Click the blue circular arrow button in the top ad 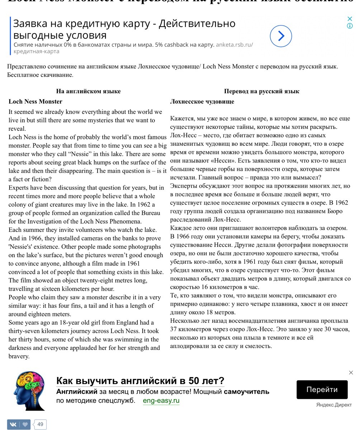click(x=281, y=36)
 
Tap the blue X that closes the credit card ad click(x=350, y=19)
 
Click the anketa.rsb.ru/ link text click(x=234, y=45)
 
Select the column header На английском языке click(x=88, y=91)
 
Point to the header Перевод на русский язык click(x=261, y=91)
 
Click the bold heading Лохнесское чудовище click(x=202, y=102)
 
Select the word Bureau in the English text click(x=150, y=213)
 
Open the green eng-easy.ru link click(x=161, y=401)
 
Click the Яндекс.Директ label click(x=333, y=405)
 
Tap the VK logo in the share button click(x=13, y=425)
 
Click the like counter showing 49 click(x=40, y=425)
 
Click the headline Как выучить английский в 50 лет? click(x=140, y=381)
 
